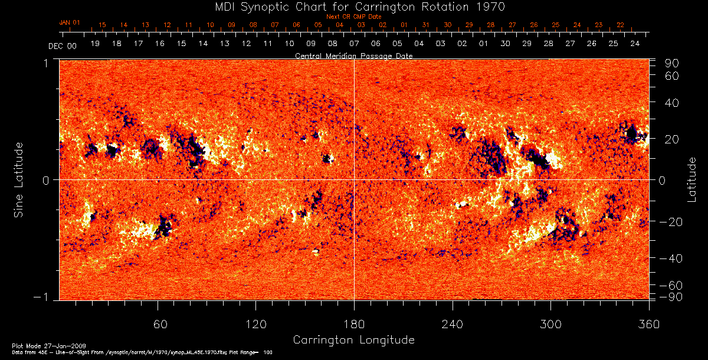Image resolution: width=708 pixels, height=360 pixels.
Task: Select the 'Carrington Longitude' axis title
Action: [353, 340]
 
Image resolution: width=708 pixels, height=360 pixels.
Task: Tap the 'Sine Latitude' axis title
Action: [19, 179]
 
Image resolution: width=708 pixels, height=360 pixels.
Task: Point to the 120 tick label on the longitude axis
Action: [256, 325]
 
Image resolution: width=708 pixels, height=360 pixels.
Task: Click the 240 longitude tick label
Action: [453, 325]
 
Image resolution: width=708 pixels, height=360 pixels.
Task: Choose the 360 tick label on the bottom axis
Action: [648, 325]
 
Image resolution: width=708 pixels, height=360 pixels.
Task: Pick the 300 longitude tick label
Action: [550, 325]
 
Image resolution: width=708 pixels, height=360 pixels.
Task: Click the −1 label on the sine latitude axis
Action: [44, 297]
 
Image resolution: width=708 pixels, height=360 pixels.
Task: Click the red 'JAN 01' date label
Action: [69, 22]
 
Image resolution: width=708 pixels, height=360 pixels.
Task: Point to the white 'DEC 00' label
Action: [63, 45]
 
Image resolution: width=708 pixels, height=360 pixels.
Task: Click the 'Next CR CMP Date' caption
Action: [353, 17]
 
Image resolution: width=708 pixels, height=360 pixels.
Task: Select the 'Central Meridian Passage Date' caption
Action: [353, 56]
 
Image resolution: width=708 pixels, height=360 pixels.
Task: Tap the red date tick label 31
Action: [426, 25]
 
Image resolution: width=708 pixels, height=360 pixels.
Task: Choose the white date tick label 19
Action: [95, 44]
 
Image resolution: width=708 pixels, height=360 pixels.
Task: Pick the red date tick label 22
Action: [620, 25]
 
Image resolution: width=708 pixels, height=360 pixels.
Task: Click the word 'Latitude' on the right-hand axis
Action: [691, 179]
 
